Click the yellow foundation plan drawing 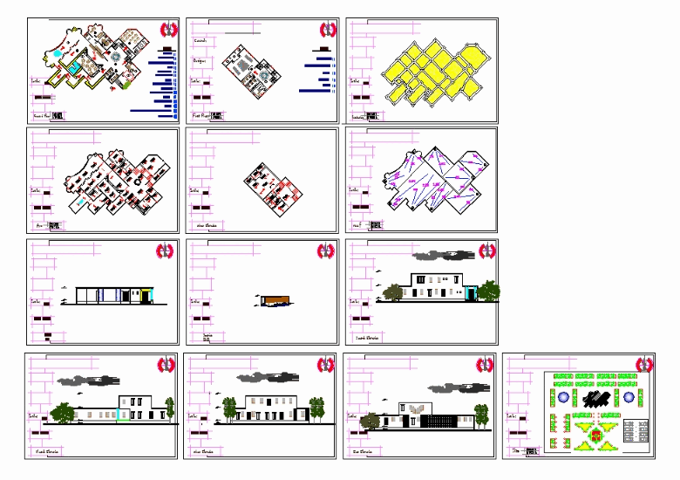click(434, 71)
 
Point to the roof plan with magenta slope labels click(429, 180)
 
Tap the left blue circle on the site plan click(561, 397)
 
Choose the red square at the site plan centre click(595, 434)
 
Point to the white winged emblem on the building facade click(415, 408)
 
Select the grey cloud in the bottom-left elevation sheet click(84, 381)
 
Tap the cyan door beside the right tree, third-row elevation click(472, 294)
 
